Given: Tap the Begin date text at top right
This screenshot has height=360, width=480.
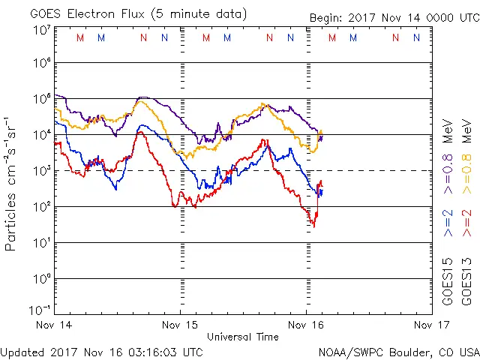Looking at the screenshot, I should (394, 18).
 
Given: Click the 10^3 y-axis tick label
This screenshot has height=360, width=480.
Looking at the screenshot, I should (40, 172).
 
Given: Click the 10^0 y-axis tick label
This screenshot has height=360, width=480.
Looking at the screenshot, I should (40, 280).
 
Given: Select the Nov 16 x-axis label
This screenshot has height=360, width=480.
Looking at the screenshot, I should (306, 325).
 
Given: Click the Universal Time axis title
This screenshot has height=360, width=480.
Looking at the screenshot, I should (243, 337).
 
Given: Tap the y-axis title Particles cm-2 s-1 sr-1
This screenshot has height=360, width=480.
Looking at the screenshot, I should (11, 183).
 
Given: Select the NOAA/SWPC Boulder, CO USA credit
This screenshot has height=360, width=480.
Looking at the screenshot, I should (398, 351).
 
